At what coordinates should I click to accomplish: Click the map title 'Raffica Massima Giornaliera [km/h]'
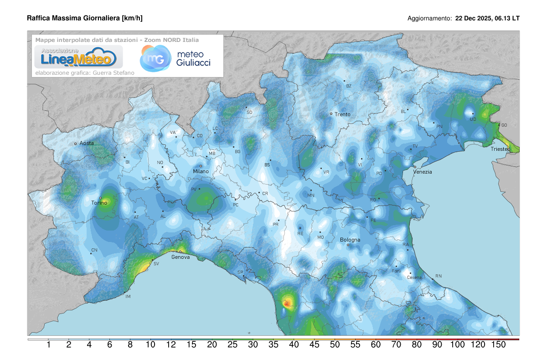tap(85, 18)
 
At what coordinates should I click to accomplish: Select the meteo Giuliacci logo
tap(175, 58)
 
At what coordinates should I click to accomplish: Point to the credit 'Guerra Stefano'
tap(109, 72)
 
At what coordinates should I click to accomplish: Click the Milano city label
tap(201, 171)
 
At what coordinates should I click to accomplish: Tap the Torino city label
tap(99, 203)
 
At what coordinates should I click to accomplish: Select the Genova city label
tap(180, 257)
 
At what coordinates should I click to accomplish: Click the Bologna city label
tap(350, 240)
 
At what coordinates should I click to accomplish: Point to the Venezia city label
tap(422, 172)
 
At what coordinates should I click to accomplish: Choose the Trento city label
tap(342, 114)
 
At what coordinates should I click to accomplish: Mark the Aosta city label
tap(87, 143)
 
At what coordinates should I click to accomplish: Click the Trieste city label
tap(500, 149)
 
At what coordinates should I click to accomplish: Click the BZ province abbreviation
tap(349, 86)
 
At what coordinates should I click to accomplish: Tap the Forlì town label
tap(396, 271)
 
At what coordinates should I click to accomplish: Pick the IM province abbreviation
tap(128, 297)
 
